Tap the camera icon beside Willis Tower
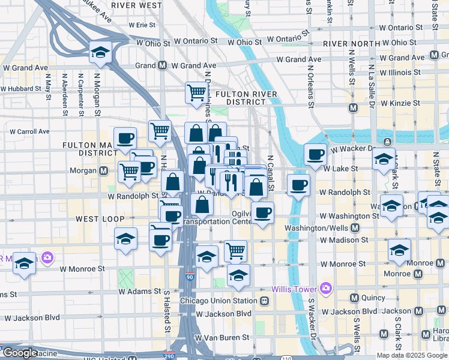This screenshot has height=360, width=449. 326,289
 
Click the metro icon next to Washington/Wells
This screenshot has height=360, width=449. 355,228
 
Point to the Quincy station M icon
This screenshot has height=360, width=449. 354,298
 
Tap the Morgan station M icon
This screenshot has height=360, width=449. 104,170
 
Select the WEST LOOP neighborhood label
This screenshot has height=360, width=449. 100,219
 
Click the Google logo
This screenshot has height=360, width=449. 20,352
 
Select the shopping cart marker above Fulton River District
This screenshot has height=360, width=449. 196,92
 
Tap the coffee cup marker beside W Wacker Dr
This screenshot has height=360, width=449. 316,155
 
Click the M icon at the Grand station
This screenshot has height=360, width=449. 162,65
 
